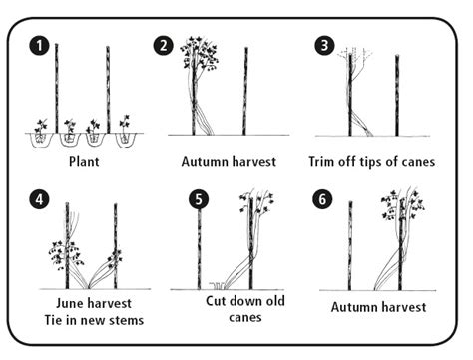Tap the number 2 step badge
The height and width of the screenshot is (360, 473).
164,45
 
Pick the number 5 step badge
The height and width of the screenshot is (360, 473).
198,197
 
